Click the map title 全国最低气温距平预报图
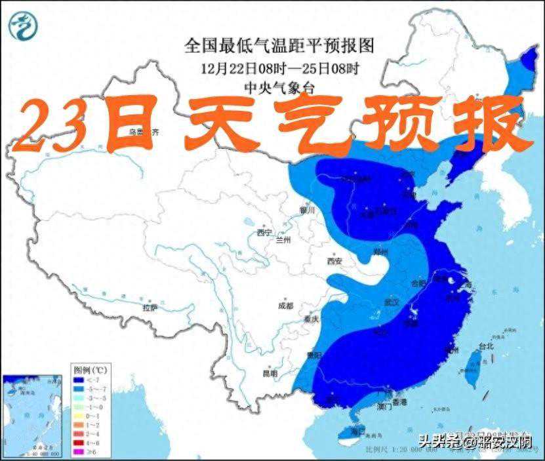[x=279, y=46]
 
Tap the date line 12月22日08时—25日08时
[x=279, y=68]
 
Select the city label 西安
[x=334, y=261]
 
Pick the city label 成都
[x=285, y=305]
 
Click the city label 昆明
[x=270, y=373]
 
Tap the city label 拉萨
[x=150, y=308]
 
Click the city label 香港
[x=399, y=401]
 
